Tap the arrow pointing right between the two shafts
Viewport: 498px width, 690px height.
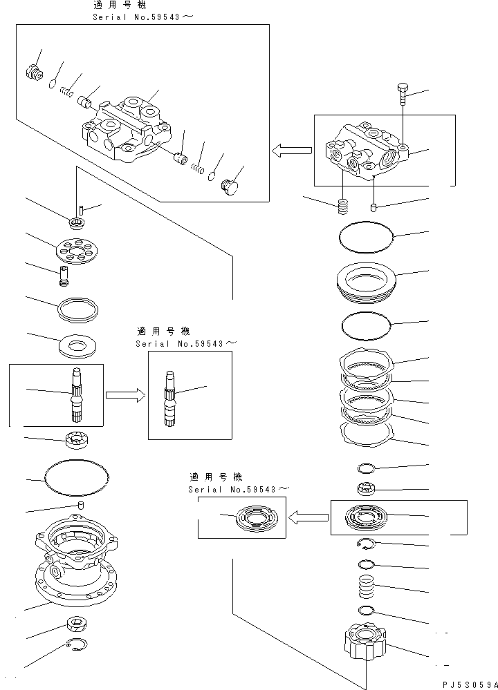click(124, 395)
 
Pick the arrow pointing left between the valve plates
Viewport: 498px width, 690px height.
click(308, 517)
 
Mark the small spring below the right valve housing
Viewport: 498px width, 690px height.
click(341, 206)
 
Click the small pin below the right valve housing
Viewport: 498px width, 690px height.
click(374, 207)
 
